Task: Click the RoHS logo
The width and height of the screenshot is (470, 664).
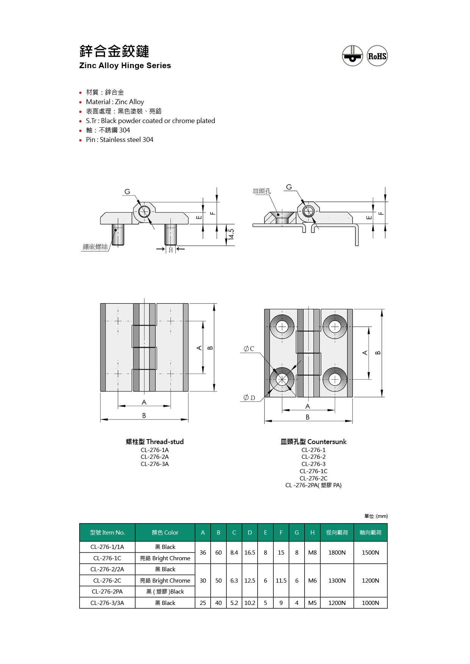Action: [x=377, y=56]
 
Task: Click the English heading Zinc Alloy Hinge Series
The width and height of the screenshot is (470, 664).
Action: [x=125, y=65]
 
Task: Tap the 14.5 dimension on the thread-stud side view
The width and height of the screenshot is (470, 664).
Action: [x=231, y=234]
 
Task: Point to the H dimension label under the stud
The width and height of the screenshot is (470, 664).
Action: [x=171, y=250]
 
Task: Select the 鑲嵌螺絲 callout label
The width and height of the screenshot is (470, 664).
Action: [x=95, y=247]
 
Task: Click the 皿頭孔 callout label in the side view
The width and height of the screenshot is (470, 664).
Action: [x=262, y=191]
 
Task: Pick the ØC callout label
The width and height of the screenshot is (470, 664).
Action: [x=249, y=349]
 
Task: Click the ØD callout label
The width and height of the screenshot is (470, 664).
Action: [x=249, y=397]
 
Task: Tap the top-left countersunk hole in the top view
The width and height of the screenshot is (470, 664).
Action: [x=282, y=326]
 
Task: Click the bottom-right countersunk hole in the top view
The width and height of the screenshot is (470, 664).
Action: [x=335, y=379]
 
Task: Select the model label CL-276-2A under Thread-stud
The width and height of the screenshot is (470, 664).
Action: [x=155, y=457]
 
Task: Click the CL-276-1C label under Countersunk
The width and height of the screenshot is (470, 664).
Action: [x=313, y=471]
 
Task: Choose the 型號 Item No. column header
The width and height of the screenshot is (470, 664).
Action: [x=107, y=533]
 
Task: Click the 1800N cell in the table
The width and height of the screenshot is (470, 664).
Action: [x=337, y=553]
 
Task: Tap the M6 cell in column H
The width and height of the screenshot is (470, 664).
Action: [x=312, y=581]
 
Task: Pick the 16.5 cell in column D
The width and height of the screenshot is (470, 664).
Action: [x=250, y=553]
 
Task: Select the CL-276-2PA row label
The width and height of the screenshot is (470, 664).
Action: [x=107, y=592]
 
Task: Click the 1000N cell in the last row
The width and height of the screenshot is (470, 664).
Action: [x=370, y=603]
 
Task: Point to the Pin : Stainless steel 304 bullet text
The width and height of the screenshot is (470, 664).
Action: [x=119, y=140]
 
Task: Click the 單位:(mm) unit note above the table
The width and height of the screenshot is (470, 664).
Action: [x=376, y=516]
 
